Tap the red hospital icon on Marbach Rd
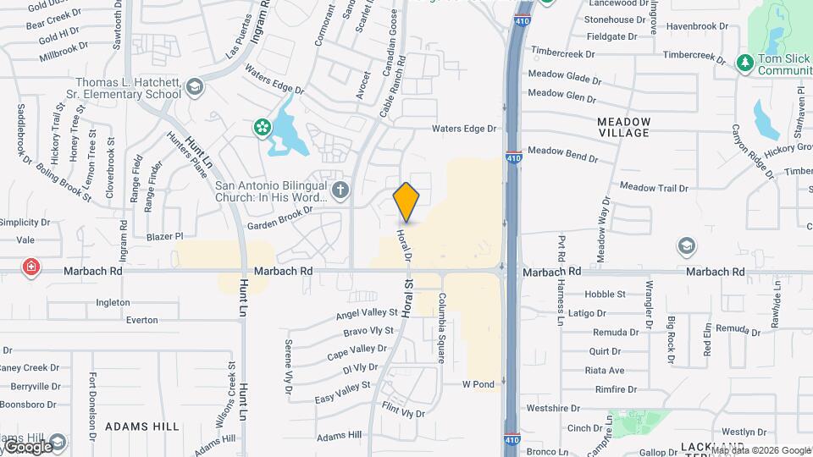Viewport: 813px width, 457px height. pos(31,267)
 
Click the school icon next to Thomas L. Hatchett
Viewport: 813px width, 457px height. pos(195,85)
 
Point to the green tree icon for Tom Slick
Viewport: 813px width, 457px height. pos(744,62)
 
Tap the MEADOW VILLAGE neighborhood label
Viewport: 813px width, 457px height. pos(623,127)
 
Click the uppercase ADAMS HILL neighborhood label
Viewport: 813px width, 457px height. pos(142,427)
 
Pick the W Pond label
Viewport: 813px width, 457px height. pos(478,384)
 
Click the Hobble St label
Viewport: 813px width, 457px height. pos(605,295)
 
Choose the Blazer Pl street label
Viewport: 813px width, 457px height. pos(164,237)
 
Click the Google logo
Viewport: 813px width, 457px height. pos(28,446)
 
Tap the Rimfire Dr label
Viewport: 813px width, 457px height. pos(616,389)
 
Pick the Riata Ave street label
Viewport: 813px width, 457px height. pos(604,371)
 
